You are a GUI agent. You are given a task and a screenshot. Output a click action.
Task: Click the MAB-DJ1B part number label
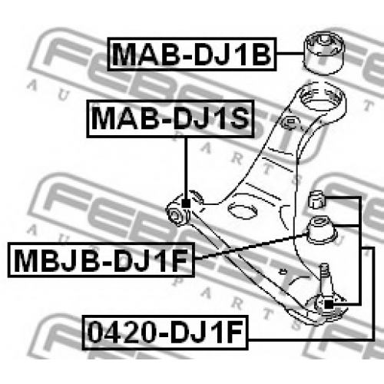[192, 54]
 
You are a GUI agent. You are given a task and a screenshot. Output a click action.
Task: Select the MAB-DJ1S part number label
[170, 119]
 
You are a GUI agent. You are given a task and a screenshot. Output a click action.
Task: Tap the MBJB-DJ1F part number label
[101, 260]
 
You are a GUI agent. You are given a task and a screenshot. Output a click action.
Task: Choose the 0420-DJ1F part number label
[165, 333]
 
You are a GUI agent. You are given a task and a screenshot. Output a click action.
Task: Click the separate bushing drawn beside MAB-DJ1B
[325, 53]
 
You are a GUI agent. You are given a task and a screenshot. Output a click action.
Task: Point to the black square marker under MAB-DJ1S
[186, 204]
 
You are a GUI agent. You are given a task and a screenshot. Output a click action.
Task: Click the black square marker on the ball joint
[329, 304]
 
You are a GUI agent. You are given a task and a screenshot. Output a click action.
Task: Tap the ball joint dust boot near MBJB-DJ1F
[322, 230]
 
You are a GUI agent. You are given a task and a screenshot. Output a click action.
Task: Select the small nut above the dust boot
[316, 199]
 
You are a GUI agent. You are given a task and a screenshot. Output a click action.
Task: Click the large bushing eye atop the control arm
[323, 98]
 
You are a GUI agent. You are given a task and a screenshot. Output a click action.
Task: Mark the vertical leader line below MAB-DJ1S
[186, 168]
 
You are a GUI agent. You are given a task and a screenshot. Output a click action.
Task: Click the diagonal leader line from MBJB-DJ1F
[251, 246]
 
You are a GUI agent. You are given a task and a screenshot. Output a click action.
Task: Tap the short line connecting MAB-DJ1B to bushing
[290, 54]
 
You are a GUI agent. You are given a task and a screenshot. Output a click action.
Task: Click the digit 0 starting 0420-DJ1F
[97, 333]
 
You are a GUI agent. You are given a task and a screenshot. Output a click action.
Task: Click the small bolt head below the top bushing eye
[290, 121]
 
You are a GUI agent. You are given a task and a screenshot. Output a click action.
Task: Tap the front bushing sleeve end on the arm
[177, 215]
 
